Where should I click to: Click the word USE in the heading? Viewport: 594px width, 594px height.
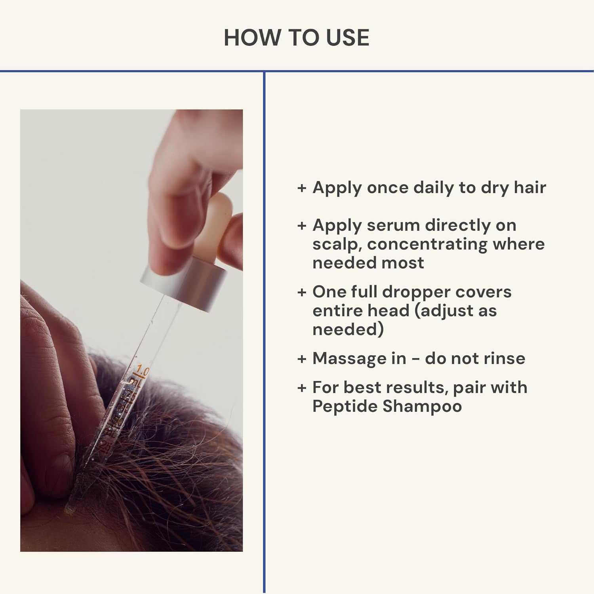pos(347,38)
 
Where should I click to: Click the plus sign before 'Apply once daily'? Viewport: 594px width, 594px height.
pos(302,188)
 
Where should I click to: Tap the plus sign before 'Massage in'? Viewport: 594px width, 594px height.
pos(302,359)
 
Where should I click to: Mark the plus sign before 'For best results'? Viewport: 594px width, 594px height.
pos(302,388)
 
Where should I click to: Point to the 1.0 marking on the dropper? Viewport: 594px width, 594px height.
pos(141,371)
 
